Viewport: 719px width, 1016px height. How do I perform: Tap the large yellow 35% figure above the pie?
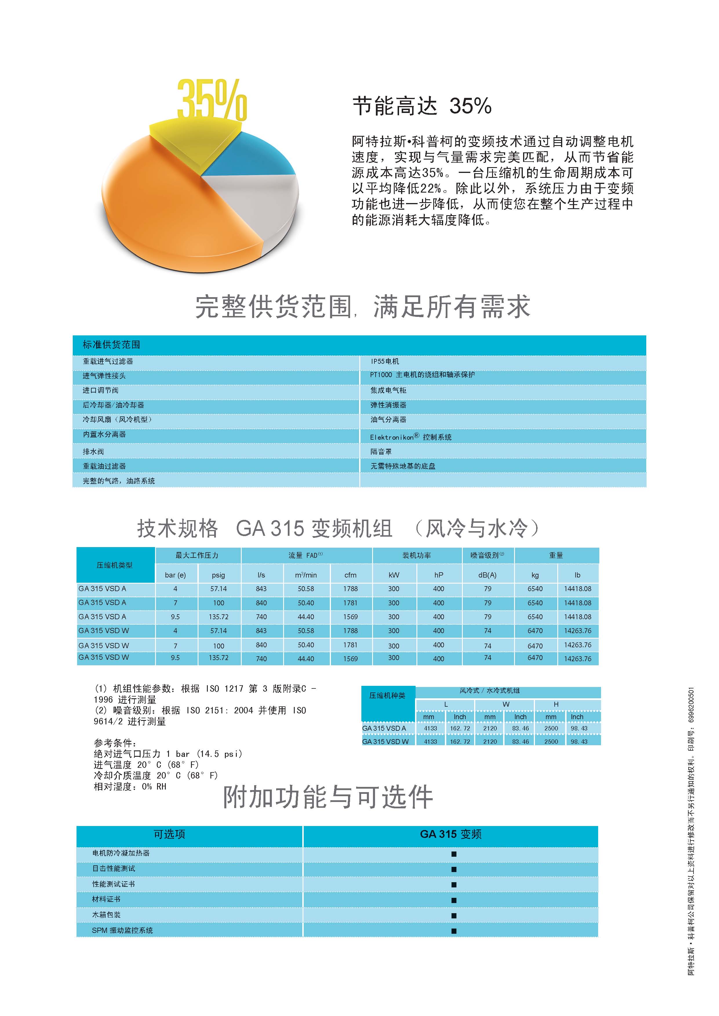pos(212,100)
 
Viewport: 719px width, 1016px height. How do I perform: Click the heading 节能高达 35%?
pos(421,106)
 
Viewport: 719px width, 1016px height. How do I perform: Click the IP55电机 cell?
pos(385,361)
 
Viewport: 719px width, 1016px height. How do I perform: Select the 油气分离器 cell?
pos(388,419)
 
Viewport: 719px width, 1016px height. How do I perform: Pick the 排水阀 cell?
pos(93,451)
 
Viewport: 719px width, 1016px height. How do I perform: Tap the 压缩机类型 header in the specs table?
pos(115,565)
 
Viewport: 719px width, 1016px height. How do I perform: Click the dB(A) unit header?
pos(487,575)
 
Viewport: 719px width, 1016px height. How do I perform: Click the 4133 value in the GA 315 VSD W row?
pos(430,742)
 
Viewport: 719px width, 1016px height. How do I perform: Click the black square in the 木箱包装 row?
pos(453,916)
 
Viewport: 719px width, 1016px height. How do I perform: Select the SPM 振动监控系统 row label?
pos(122,931)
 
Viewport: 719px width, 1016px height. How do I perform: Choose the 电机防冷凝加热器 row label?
pos(121,853)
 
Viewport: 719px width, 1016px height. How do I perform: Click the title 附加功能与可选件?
pos(328,798)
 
